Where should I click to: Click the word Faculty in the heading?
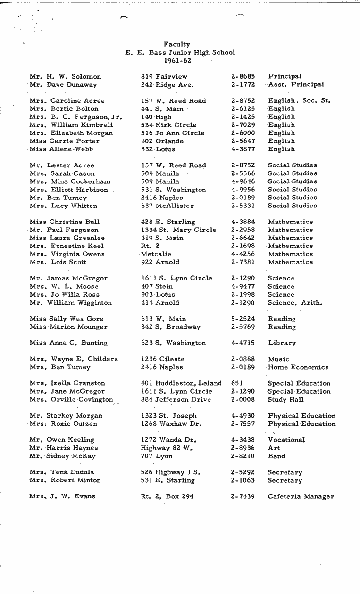pos(177,44)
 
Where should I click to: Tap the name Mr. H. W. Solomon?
pos(65,76)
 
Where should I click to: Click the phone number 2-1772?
pos(243,85)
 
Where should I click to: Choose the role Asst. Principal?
pos(296,85)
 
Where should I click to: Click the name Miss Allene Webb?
pos(61,149)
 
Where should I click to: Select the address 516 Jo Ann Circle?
pos(173,133)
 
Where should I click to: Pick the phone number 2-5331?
pos(243,206)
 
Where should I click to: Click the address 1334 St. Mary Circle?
pos(179,230)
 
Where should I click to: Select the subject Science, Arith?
pos(295,303)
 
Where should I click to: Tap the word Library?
pos(282,343)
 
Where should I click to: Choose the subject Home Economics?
pos(298,367)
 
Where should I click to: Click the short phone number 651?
pos(238,383)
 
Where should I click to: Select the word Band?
pos(276,456)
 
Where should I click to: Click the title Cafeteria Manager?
pos(301,496)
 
